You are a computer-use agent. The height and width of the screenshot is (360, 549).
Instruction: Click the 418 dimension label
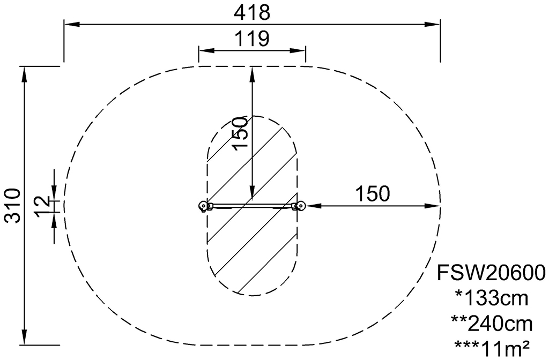pos(252,13)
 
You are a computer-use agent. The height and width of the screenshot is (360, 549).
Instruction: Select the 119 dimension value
pos(252,39)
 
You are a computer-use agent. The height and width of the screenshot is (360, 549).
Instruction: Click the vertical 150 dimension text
pos(241,133)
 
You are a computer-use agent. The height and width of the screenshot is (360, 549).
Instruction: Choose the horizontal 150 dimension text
pos(373,193)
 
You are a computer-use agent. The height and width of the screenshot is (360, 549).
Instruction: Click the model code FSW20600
pos(491,272)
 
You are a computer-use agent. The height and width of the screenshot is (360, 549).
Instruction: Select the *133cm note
pos(491,298)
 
